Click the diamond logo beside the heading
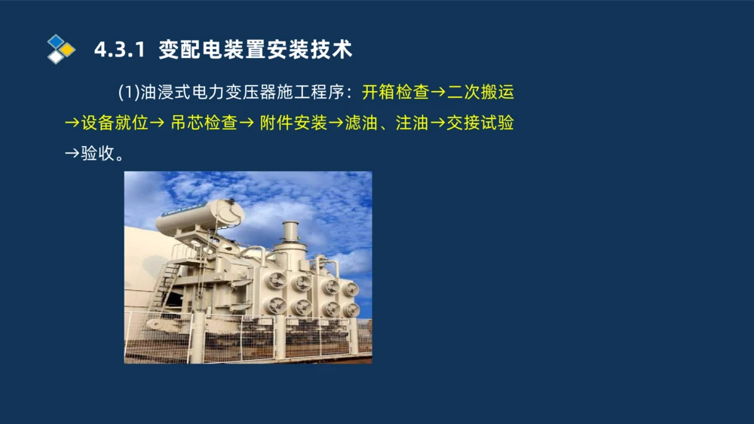pos(61,49)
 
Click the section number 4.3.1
pos(118,50)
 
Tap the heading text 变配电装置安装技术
pos(256,50)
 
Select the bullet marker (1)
pos(129,93)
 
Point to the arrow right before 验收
pos(72,153)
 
